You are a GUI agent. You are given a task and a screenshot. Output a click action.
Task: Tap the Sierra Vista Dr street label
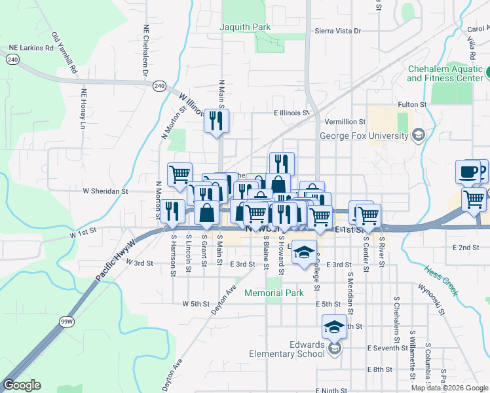click(339, 31)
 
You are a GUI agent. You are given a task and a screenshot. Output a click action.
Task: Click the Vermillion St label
click(343, 122)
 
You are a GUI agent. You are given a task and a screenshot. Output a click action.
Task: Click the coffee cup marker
click(468, 172)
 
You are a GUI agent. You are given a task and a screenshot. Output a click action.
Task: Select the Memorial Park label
click(274, 293)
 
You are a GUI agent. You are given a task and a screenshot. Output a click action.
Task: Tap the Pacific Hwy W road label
click(115, 261)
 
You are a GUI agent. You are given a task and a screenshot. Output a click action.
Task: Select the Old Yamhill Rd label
click(64, 52)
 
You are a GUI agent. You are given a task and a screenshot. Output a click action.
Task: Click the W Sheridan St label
click(105, 191)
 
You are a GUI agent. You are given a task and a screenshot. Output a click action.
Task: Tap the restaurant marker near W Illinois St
click(216, 120)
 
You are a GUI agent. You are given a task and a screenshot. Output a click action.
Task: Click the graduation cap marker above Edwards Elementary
click(334, 326)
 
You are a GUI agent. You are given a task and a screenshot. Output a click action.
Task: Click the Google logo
click(22, 385)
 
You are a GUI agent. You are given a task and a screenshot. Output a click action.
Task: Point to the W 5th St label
click(195, 305)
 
